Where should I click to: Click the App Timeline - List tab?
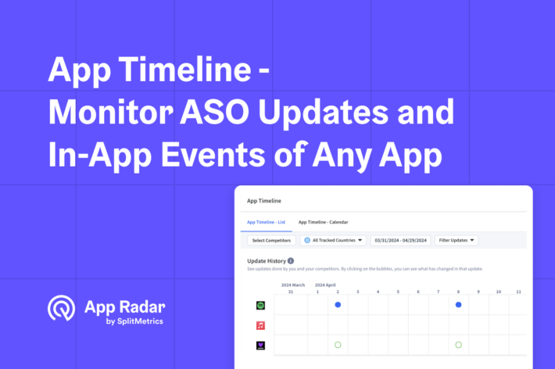[266, 222]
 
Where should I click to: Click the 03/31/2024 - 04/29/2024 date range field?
[400, 241]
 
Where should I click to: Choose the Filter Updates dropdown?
[457, 241]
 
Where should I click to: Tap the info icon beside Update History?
[291, 261]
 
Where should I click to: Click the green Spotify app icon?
[260, 305]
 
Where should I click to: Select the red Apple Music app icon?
[260, 324]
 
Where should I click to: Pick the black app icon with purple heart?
[260, 344]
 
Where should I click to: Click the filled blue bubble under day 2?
[338, 305]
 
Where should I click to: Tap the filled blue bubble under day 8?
[458, 305]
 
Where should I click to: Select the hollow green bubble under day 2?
[338, 344]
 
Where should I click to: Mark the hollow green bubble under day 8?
[458, 344]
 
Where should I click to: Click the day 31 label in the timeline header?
[291, 292]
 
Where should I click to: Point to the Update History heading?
[266, 261]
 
